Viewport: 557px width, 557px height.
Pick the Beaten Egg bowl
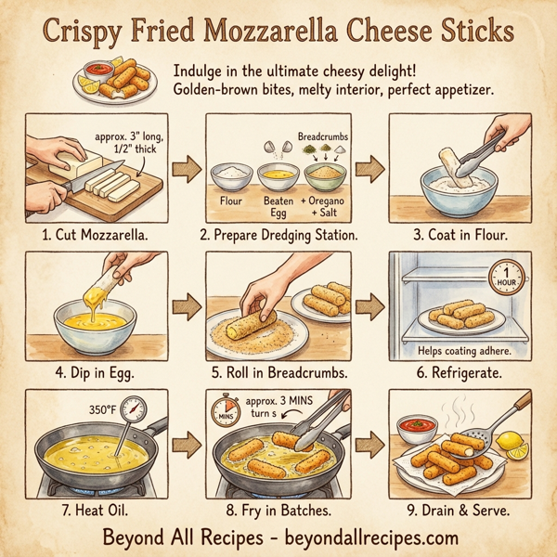[x=275, y=175]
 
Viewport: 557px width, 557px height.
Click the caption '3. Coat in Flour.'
[x=459, y=235]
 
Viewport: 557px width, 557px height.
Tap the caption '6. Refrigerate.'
[x=460, y=374]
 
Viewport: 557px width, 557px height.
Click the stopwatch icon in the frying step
[x=224, y=409]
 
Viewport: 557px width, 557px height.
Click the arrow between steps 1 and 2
[x=185, y=169]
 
